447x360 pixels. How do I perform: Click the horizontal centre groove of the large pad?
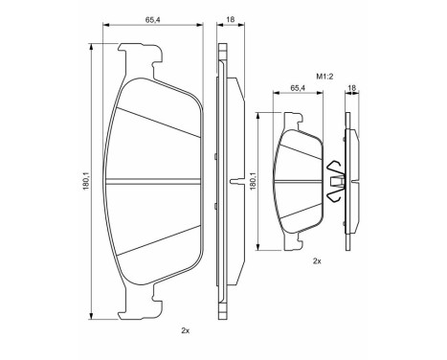point(159,180)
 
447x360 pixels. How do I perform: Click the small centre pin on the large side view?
point(235,181)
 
